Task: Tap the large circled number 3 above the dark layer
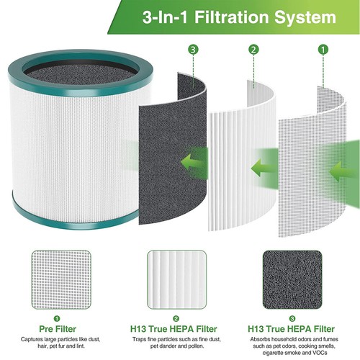tap(192, 50)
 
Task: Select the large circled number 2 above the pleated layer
tap(253, 50)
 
